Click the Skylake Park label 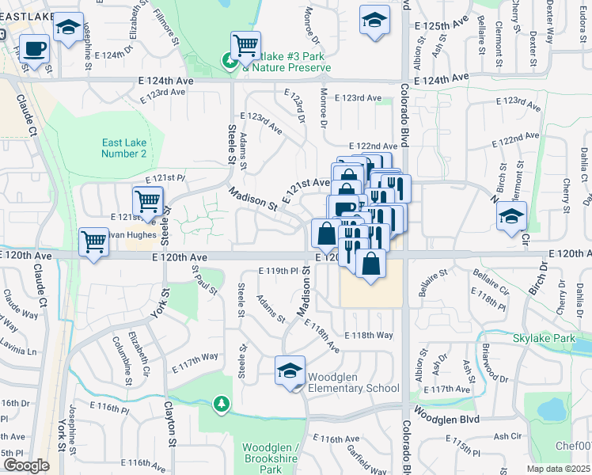click(542, 338)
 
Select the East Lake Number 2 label click(124, 148)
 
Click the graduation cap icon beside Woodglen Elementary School click(290, 370)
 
